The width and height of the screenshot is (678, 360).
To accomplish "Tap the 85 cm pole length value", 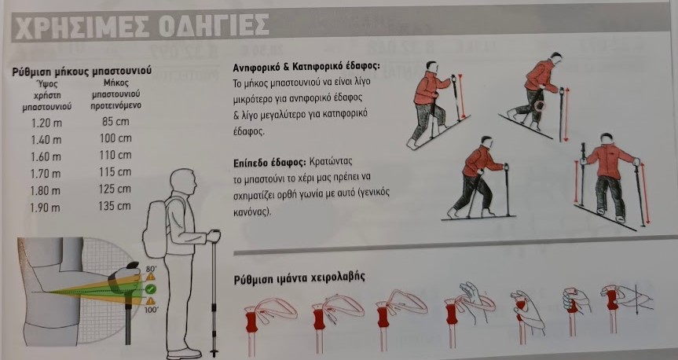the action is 115,122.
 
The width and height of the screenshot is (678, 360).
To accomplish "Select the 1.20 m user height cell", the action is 46,123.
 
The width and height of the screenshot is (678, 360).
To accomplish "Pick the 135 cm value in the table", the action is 115,206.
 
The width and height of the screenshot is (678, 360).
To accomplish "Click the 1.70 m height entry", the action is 46,174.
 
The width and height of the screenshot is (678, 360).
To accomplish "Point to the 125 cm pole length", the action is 115,189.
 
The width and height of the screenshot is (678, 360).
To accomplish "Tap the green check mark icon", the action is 151,289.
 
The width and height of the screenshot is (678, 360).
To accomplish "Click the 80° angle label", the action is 152,269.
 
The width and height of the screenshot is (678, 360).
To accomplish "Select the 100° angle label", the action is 152,310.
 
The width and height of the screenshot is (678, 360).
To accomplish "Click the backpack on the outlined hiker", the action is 155,229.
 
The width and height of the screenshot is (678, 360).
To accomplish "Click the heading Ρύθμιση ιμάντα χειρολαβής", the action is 299,278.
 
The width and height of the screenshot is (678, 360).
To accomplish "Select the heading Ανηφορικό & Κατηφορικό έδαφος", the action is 306,67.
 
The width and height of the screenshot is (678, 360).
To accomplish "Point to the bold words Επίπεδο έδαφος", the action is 269,162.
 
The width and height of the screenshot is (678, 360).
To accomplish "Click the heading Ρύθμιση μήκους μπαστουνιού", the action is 82,71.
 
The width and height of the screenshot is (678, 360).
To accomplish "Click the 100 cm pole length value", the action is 115,138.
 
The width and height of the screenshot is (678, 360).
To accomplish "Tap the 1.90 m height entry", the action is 45,208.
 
